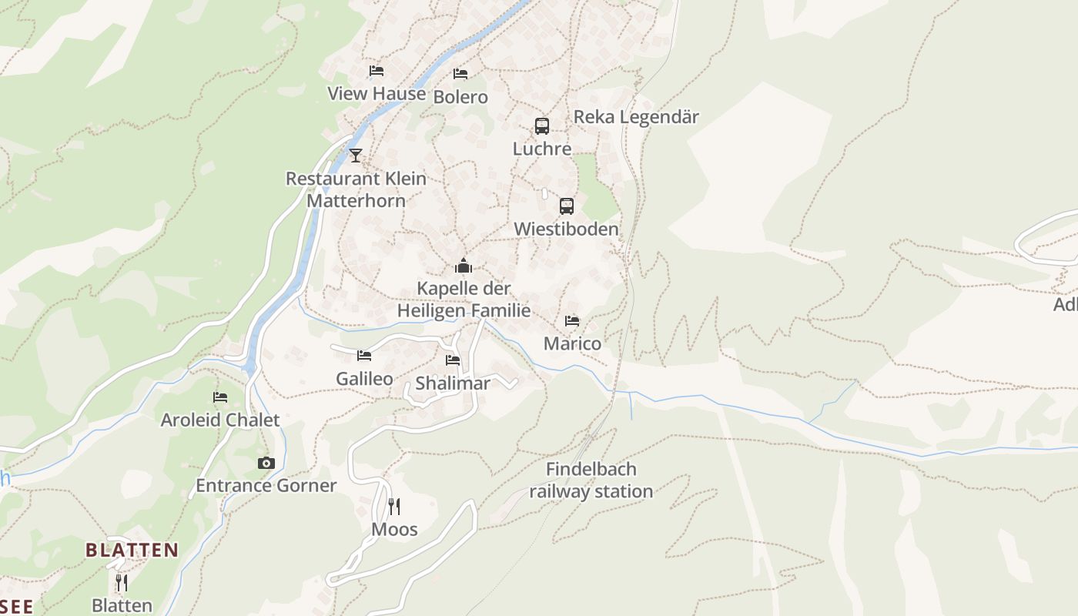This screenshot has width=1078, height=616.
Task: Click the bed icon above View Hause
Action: coord(377,71)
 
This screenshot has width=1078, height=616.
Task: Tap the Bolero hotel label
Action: coord(460,97)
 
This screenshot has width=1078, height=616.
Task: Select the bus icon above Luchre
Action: coord(542,126)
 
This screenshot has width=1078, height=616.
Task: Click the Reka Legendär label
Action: coord(636,117)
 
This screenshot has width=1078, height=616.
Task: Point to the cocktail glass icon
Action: coord(355,156)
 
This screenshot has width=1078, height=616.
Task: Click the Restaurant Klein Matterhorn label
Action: coord(356,189)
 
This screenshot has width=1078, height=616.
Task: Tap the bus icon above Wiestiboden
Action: coord(567,206)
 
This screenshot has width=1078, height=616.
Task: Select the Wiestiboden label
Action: coord(566,229)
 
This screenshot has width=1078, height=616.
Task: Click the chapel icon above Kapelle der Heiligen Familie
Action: coord(464,266)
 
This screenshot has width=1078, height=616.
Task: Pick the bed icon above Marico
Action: coord(572,320)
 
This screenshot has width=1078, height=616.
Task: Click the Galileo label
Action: coord(364,379)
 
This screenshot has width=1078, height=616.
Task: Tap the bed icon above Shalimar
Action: coord(453,360)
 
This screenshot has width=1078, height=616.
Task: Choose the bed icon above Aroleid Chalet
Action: coord(220,397)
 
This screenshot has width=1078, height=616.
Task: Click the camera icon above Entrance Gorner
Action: coord(266,463)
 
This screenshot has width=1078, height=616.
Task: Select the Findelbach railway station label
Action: coord(591,480)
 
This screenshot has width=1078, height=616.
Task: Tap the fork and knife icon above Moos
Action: coord(394,506)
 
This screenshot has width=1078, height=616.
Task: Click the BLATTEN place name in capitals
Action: coord(132,551)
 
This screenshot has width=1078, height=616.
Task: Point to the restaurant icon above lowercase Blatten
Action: coord(122,582)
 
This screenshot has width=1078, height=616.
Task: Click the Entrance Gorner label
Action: coord(266,486)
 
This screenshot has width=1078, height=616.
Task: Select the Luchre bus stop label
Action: coord(542,149)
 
